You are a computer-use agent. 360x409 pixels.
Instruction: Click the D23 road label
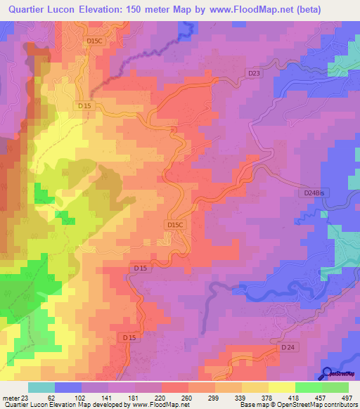click(254, 72)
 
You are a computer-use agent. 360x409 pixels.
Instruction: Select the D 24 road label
click(288, 347)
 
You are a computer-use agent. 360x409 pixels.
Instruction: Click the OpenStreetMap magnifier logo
click(327, 373)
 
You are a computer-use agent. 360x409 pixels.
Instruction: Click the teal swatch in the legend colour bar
click(41, 387)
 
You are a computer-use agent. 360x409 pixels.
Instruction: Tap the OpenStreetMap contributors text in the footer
click(316, 405)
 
